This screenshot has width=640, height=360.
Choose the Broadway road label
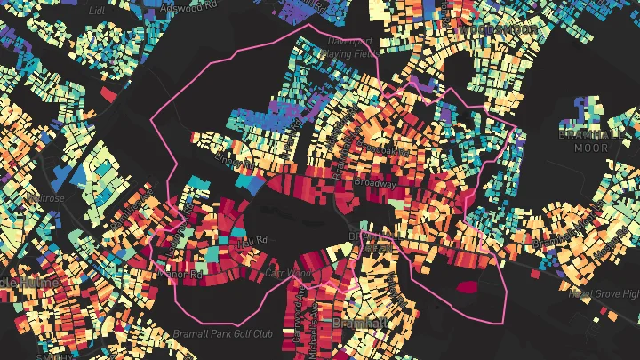[x=374, y=183]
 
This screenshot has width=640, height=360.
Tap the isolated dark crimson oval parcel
[x=467, y=286]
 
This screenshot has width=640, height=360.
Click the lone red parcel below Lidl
[x=109, y=92]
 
